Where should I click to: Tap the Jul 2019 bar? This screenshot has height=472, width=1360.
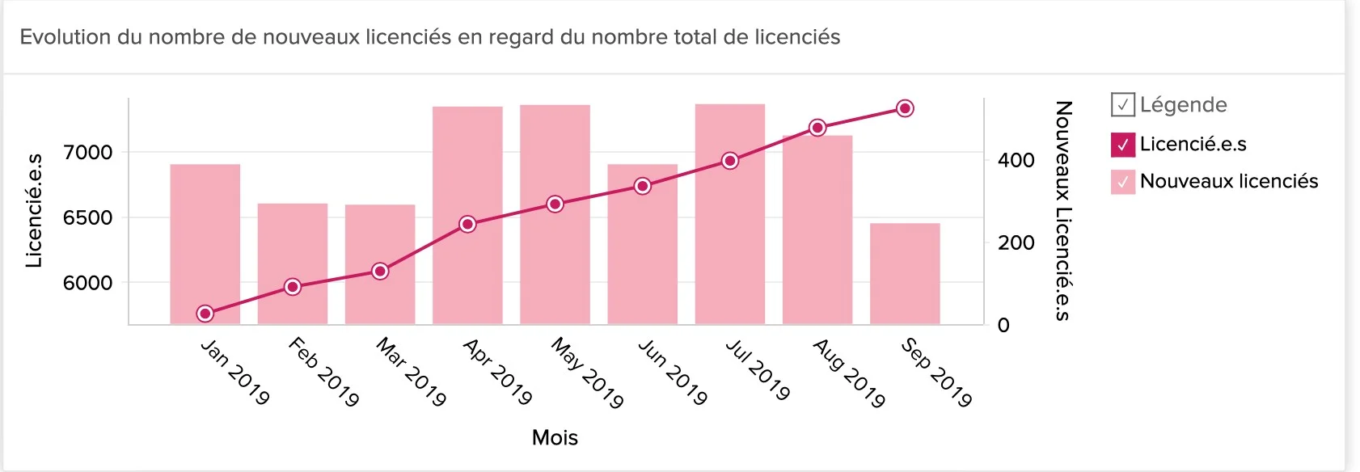730,242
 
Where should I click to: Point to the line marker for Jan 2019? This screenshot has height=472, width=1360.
205,314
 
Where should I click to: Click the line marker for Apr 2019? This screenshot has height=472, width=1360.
467,224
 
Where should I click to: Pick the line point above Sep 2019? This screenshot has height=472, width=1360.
906,108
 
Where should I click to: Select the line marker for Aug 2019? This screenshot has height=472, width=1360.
817,128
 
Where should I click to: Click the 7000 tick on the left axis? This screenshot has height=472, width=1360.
87,153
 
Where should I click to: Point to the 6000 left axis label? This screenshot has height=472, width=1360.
87,283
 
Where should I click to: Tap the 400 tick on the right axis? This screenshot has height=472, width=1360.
1016,160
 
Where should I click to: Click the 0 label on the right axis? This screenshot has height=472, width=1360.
1003,325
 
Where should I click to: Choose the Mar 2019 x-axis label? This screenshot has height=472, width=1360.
411,372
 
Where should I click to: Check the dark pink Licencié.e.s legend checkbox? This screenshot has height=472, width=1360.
1123,145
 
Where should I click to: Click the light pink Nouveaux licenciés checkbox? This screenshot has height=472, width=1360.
1123,182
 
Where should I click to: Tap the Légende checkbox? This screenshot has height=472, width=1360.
1123,105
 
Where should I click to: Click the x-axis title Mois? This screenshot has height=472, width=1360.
555,437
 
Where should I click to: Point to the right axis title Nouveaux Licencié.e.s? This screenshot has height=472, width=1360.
1063,210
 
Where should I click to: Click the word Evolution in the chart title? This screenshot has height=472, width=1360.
65,37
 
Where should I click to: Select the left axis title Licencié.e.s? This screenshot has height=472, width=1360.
34,210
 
